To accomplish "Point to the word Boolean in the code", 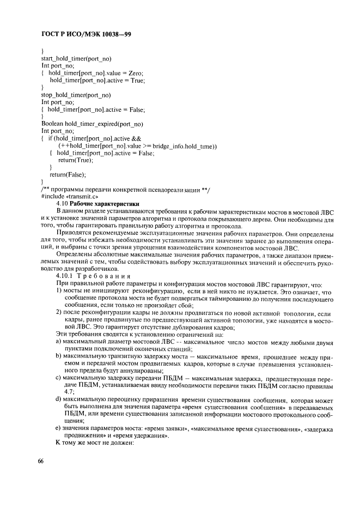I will (x=53, y=124).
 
